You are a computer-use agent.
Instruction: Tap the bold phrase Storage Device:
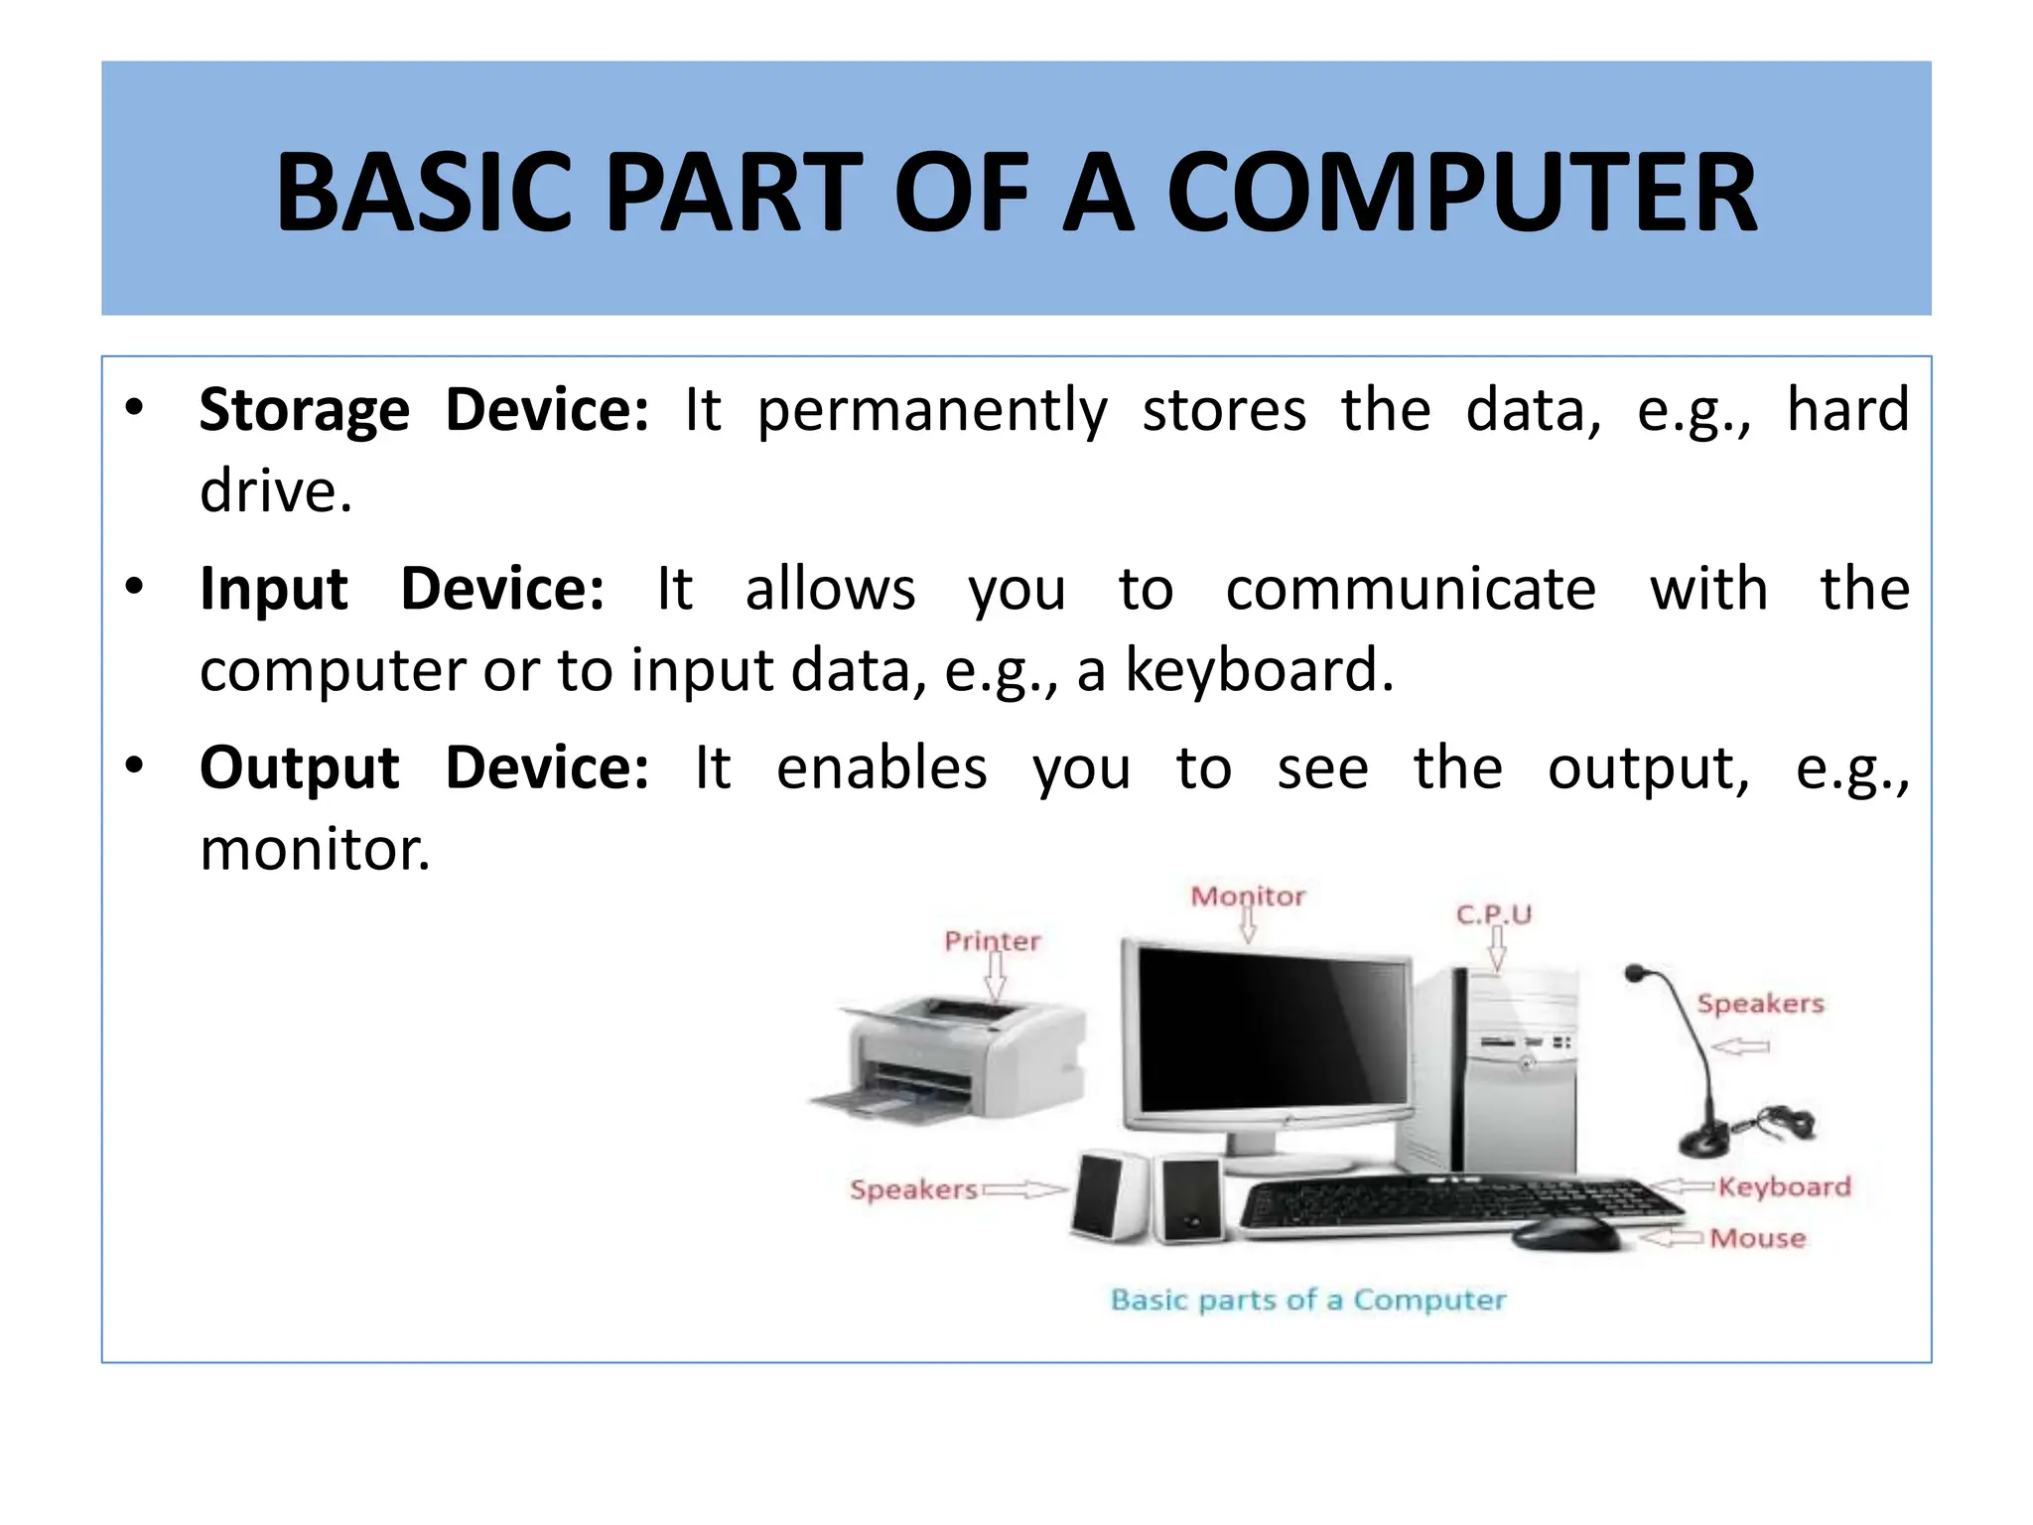coord(424,409)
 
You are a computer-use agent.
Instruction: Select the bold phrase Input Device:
coord(402,588)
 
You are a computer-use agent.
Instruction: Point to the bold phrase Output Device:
coord(424,767)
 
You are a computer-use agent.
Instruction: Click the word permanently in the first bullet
coord(932,411)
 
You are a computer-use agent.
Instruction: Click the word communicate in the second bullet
coord(1411,589)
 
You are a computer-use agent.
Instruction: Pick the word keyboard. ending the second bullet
coord(1259,670)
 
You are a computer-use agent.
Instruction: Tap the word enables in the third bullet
coord(881,768)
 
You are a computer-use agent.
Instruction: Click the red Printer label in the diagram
coord(992,940)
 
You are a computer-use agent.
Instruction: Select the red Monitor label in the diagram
coord(1248,897)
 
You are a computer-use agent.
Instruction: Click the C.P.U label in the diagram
coord(1494,913)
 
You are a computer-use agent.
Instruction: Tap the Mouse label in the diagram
coord(1758,1238)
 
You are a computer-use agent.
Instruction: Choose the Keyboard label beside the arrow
coord(1785,1186)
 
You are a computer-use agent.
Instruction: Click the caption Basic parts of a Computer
coord(1307,1300)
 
